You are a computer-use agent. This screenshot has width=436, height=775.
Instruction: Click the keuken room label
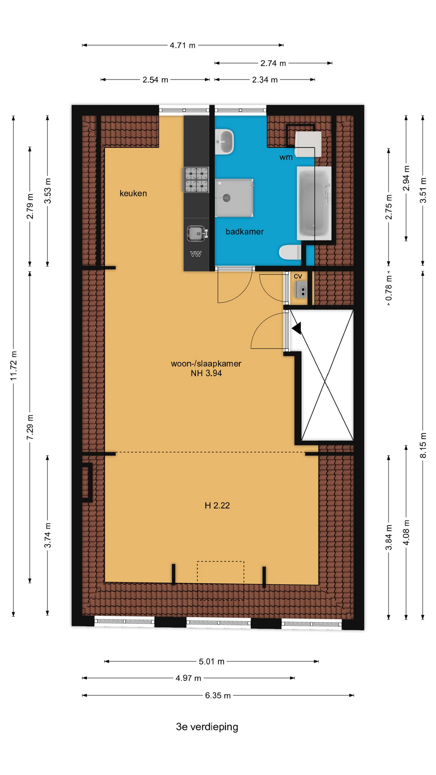point(133,193)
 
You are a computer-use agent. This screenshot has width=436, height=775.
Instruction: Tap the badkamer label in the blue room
point(245,232)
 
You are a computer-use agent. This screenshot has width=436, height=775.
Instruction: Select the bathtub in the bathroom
point(314,203)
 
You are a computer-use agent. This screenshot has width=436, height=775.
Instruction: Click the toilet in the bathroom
point(290,252)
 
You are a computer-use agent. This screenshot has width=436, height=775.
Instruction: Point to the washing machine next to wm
point(308,144)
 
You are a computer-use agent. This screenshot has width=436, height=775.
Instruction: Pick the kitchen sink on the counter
point(197,233)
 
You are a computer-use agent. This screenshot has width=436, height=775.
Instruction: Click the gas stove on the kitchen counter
point(196,179)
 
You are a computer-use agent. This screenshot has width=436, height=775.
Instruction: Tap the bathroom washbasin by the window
point(224,142)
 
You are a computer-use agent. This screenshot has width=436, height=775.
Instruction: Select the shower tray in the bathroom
point(234,198)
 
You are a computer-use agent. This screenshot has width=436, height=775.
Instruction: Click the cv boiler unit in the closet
point(301,289)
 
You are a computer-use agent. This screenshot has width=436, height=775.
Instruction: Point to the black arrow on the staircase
point(297,328)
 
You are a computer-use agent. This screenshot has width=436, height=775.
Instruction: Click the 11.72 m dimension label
point(14,366)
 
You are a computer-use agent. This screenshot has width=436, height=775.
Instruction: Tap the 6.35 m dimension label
point(218,695)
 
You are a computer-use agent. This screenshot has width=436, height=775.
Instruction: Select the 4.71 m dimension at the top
point(182,45)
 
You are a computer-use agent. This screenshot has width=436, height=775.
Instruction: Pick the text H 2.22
point(217,505)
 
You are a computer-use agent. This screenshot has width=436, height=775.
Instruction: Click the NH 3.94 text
point(206,373)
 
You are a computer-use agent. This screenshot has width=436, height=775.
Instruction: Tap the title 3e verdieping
point(207,727)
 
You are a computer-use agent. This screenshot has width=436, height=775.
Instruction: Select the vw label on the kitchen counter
point(196,254)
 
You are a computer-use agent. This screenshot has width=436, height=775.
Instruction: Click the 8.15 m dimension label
point(423,445)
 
